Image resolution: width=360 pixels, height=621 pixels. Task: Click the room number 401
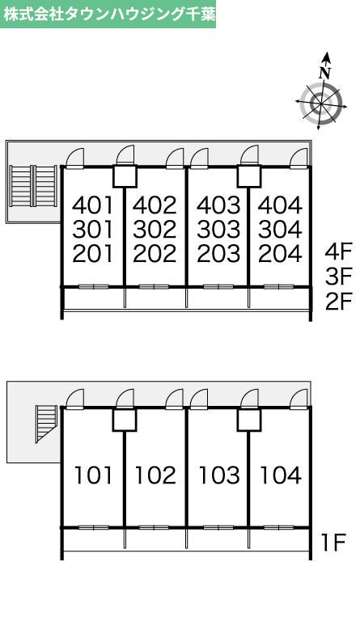(x=93, y=205)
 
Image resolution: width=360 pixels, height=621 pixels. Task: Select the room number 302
(x=155, y=230)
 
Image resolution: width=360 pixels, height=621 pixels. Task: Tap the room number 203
(x=218, y=254)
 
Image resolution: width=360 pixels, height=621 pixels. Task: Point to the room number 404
(x=280, y=205)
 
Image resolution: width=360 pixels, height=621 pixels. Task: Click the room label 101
(x=94, y=475)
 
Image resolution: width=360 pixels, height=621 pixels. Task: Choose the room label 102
(x=155, y=475)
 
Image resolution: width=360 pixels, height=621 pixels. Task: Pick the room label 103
(x=219, y=475)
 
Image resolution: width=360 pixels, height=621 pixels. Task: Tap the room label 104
(x=281, y=475)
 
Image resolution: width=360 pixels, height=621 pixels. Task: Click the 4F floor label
(x=339, y=252)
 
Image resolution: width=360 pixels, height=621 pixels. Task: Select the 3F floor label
(x=339, y=277)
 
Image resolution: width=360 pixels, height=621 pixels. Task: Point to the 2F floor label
(x=339, y=302)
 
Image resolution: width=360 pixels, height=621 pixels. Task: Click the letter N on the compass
(x=325, y=74)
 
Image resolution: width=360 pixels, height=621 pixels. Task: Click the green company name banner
(x=108, y=14)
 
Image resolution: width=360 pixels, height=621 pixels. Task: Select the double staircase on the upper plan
(x=33, y=186)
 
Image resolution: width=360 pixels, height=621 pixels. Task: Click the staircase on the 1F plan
(x=46, y=424)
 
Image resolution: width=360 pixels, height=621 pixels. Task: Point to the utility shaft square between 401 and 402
(x=125, y=176)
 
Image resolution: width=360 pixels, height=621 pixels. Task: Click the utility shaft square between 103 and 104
(x=249, y=420)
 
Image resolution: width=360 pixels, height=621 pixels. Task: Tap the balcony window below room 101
(x=94, y=527)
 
